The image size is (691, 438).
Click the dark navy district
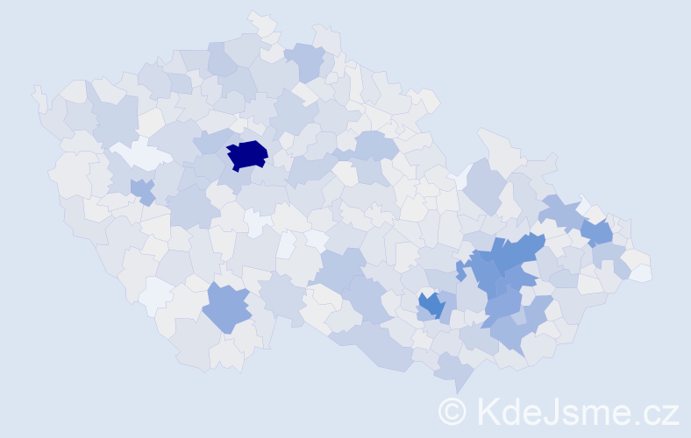point(246,154)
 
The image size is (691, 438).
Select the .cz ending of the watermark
point(658,411)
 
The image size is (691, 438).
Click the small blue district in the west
point(142,190)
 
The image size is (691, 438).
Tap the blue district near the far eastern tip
point(597,232)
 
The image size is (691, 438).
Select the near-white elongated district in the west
point(140,156)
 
